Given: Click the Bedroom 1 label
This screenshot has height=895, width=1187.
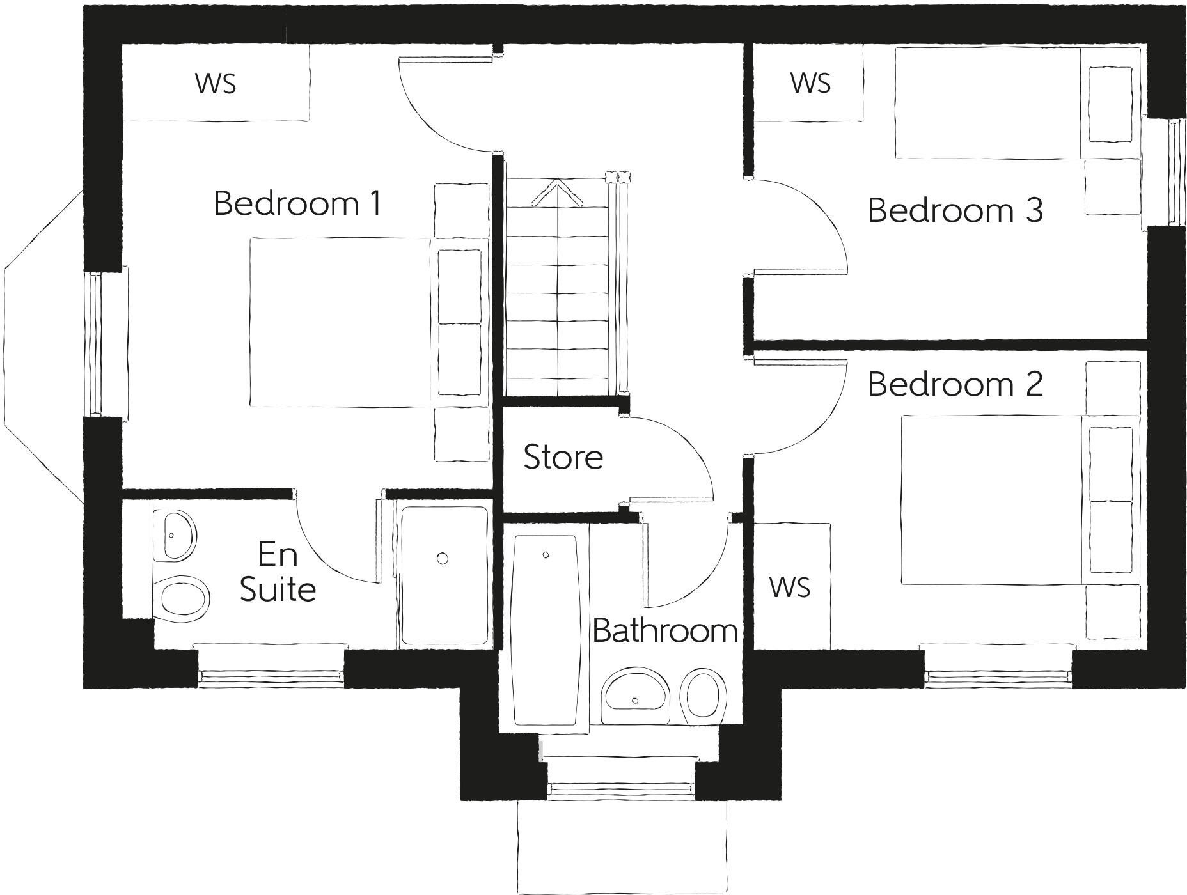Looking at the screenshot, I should pos(297,203).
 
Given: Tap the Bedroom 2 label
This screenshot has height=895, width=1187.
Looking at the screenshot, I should pos(955,384).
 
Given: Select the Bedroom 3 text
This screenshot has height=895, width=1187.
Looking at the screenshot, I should pos(955,210).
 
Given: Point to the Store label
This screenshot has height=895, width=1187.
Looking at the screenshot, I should pos(563,457).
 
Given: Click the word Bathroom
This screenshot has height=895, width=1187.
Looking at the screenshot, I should pos(665,631).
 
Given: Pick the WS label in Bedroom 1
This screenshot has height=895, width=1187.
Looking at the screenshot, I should pos(216,83).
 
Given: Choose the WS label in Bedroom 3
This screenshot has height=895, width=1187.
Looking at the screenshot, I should pos(810,83).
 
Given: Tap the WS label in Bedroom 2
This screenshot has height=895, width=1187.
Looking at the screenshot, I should pos(790,587).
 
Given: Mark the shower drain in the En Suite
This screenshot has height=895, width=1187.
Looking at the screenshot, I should pos(443,559).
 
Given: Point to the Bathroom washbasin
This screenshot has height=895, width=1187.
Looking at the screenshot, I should pos(636,696).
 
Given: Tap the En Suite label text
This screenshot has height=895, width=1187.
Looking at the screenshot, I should pos(278,572).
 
